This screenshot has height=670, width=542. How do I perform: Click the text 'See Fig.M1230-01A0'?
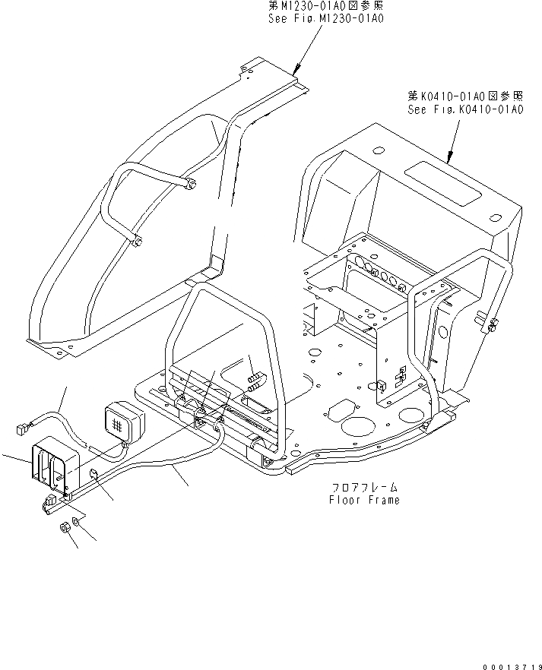pyautogui.click(x=325, y=17)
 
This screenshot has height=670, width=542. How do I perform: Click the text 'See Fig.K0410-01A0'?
pyautogui.click(x=465, y=109)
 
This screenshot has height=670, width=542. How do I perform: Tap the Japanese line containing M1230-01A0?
pyautogui.click(x=325, y=6)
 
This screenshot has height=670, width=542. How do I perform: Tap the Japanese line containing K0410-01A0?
pyautogui.click(x=465, y=96)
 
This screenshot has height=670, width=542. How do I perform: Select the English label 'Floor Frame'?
pyautogui.click(x=364, y=500)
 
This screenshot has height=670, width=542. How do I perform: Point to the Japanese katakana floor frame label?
pyautogui.click(x=364, y=488)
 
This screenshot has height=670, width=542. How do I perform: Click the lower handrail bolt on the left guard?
pyautogui.click(x=138, y=243)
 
